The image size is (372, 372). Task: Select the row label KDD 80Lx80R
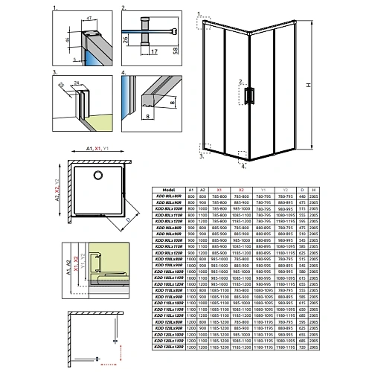pyautogui.click(x=168, y=196)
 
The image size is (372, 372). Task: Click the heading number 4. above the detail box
pyautogui.click(x=124, y=74)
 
